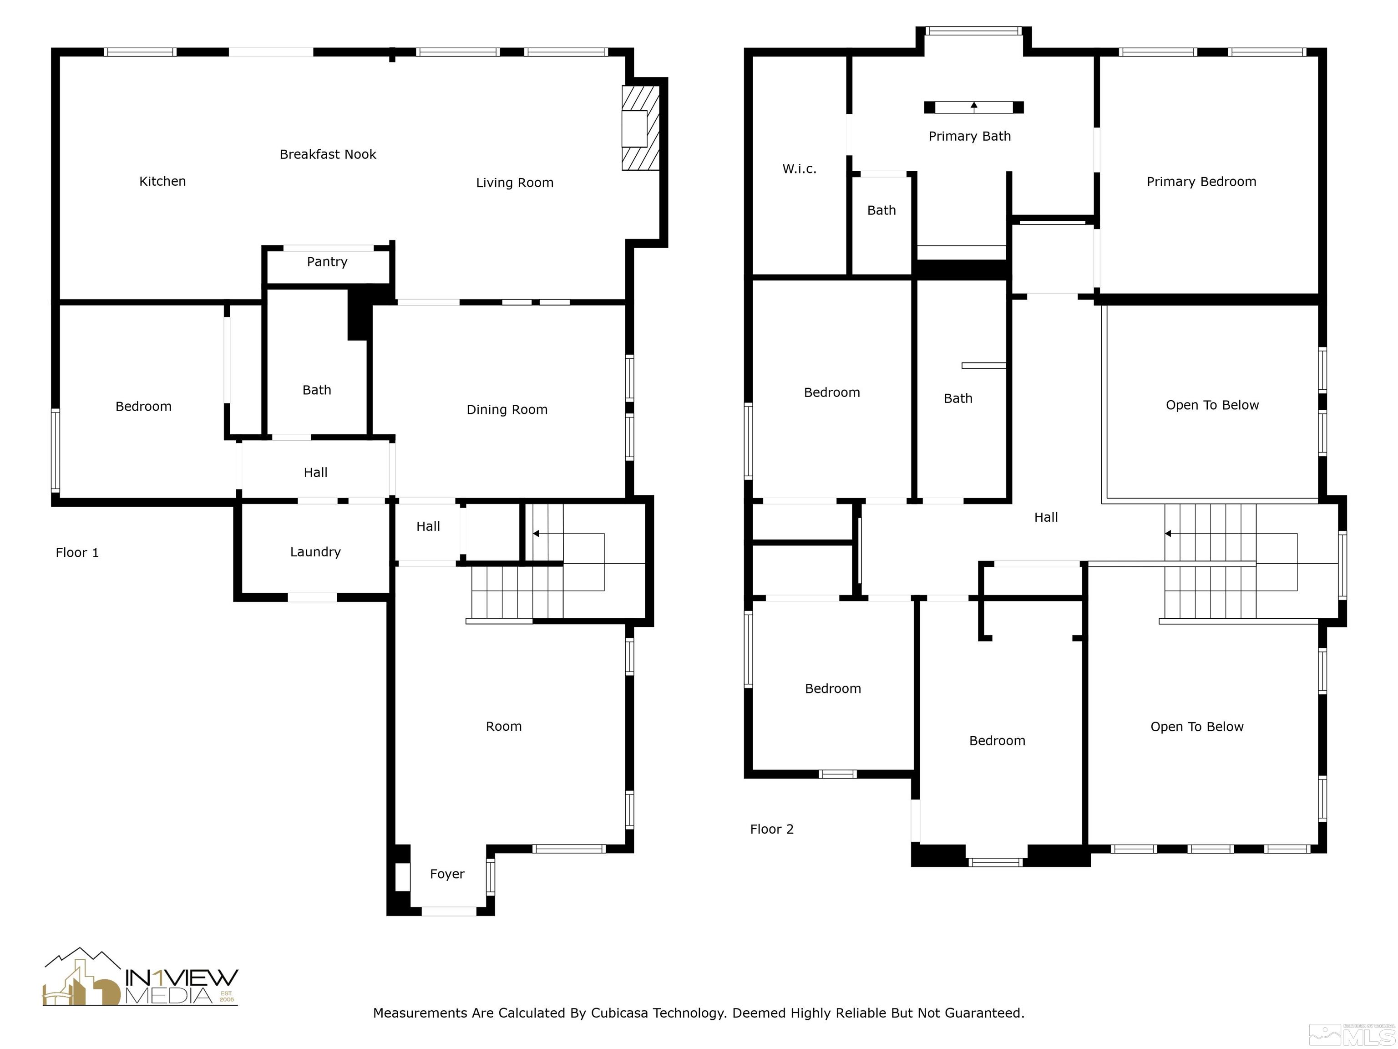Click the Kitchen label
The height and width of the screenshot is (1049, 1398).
coord(162,182)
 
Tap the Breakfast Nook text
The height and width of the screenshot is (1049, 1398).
coord(328,154)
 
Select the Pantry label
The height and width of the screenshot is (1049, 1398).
coord(327,262)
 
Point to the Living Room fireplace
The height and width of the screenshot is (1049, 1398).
coord(641,128)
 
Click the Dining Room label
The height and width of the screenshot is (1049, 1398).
coord(507,410)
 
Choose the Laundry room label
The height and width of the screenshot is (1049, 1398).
coord(315,552)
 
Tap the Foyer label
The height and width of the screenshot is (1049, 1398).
coord(447,874)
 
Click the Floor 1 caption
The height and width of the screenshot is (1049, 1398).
coord(77,553)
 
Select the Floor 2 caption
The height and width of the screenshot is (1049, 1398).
coord(772,829)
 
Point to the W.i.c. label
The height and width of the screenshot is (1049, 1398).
coord(800,169)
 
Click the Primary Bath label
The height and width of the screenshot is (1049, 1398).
coord(969,137)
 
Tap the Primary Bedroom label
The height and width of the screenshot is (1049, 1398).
coord(1201,182)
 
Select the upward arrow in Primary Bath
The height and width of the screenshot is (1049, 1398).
coord(974,107)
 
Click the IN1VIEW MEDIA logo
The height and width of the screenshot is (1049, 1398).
coord(140,977)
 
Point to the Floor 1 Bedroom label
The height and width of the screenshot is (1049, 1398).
coord(143,407)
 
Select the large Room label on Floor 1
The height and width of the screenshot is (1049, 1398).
coord(504,727)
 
